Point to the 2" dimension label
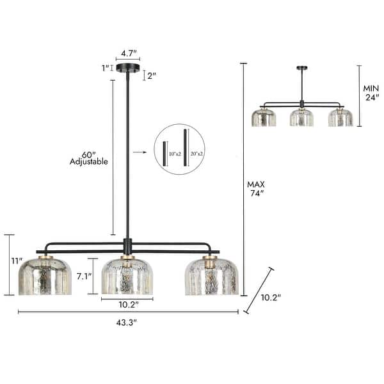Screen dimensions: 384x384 (x=151, y=76)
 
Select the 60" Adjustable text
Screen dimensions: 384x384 (x=88, y=157)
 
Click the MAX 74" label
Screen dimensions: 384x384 (x=256, y=189)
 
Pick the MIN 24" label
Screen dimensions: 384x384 (x=372, y=94)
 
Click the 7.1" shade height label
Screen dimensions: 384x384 (x=83, y=276)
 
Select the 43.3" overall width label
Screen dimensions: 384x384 (x=127, y=322)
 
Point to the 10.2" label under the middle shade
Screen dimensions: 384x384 (x=127, y=305)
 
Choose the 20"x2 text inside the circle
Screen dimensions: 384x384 (x=195, y=154)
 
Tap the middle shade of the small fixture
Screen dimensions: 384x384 (x=301, y=117)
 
